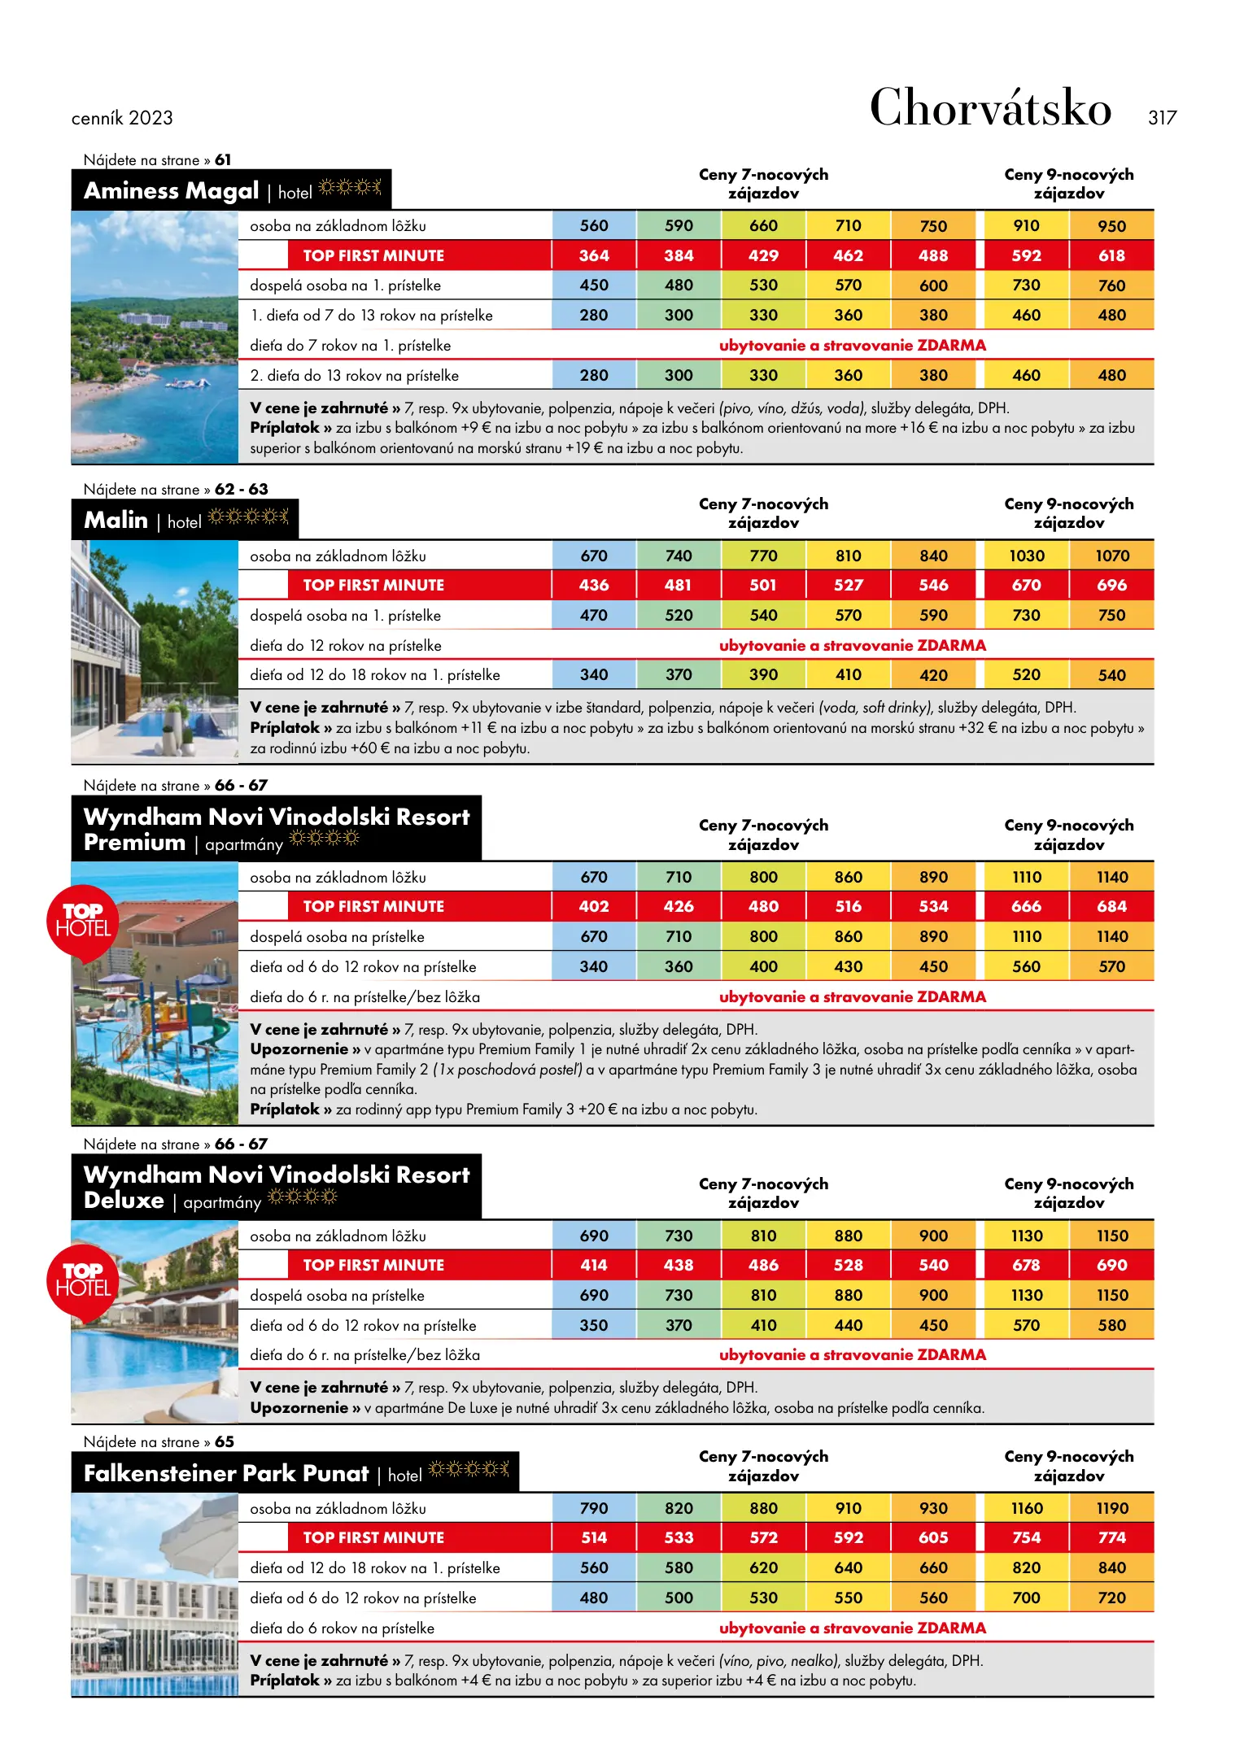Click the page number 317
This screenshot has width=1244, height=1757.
[x=1162, y=118]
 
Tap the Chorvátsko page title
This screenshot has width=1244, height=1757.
[x=990, y=107]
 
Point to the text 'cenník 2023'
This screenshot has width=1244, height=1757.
[x=122, y=119]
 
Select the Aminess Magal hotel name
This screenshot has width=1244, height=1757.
[x=171, y=191]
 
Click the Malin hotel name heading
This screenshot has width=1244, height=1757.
[x=116, y=521]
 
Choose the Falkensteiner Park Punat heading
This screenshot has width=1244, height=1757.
[x=226, y=1474]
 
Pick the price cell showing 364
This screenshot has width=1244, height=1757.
[x=594, y=255]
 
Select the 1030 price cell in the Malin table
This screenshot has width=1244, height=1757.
[x=1027, y=556]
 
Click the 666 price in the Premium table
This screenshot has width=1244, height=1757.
[x=1027, y=907]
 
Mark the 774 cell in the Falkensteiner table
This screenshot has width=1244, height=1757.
[x=1111, y=1538]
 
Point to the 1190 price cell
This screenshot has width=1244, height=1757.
[x=1111, y=1509]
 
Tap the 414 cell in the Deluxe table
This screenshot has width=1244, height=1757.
[x=594, y=1266]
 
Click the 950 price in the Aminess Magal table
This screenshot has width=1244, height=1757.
[x=1111, y=226]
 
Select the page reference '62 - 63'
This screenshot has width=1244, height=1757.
[x=241, y=490]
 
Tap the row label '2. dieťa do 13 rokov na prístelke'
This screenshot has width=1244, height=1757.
[x=354, y=376]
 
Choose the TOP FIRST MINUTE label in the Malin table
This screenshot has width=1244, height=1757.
[x=373, y=586]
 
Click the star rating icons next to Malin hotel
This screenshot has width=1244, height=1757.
[x=248, y=517]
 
